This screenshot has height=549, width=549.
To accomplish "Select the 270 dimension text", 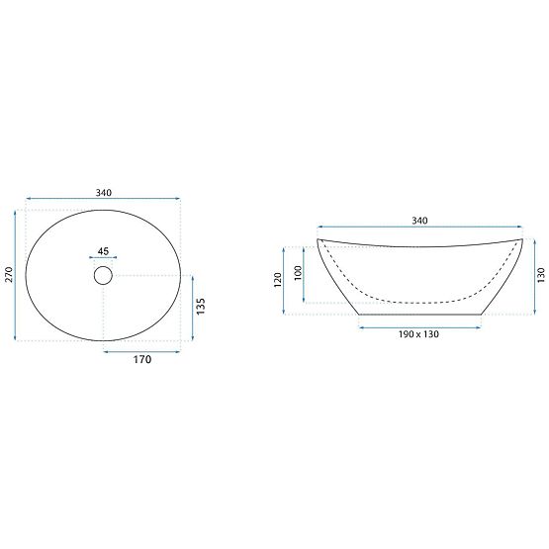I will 9,276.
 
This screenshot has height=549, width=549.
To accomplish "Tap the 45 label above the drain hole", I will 104,250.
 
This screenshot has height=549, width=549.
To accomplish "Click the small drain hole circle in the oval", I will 104,276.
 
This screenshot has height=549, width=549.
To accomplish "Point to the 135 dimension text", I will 201,308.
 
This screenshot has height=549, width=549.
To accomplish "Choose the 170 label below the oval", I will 142,360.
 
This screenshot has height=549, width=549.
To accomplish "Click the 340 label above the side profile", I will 418,221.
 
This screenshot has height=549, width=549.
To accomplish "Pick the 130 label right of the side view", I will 540,276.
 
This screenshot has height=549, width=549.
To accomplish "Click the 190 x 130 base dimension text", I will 418,334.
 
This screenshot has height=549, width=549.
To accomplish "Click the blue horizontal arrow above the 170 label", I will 142,349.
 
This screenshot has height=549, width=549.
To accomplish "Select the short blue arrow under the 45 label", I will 104,259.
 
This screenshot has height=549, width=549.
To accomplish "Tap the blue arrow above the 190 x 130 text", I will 418,323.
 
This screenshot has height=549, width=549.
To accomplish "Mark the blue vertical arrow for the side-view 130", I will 529,276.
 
